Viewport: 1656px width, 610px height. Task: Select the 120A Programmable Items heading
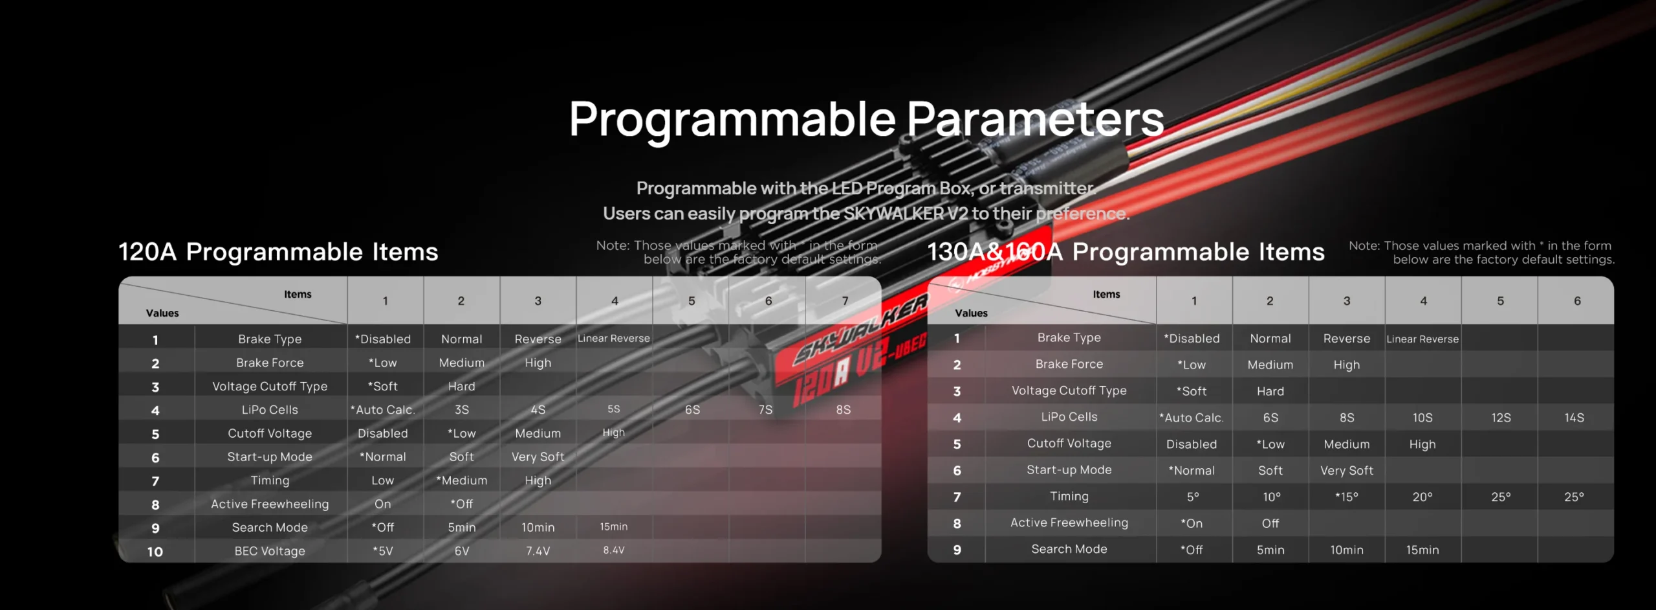(278, 251)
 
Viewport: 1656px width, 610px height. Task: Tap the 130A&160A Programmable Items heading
(1126, 251)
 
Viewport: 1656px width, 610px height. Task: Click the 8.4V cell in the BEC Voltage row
(614, 550)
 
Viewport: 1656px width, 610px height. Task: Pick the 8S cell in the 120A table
(844, 410)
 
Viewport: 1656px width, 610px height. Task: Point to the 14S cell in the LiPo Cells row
(1574, 418)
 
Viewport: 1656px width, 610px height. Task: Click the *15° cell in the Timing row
(1347, 497)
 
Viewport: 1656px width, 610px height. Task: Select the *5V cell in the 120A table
(383, 551)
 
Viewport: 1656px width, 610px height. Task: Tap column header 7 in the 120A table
(845, 301)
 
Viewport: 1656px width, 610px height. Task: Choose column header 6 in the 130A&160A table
(1577, 301)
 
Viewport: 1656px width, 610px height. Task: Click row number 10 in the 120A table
(155, 552)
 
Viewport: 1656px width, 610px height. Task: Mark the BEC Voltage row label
(270, 551)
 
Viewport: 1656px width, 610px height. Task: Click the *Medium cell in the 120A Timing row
(462, 480)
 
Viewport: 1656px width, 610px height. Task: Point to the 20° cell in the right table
(1422, 497)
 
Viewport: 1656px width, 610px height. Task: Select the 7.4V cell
(538, 551)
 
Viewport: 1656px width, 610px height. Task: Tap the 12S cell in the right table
(1501, 418)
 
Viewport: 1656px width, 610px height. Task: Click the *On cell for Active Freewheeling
(1192, 524)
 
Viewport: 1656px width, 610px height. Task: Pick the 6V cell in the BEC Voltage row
(462, 551)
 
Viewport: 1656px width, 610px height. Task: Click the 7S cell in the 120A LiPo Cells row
(766, 410)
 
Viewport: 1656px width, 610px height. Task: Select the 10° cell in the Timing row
(1272, 497)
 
